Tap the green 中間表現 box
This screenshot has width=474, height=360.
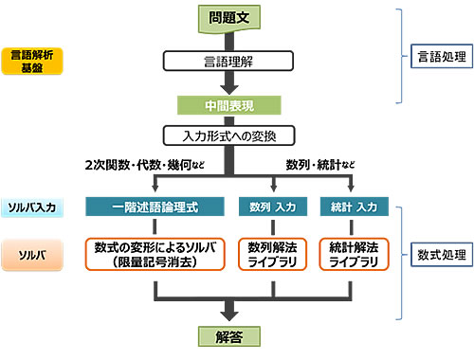[228, 104]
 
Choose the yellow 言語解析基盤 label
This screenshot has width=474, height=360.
[32, 61]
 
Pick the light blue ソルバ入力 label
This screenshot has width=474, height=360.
[32, 207]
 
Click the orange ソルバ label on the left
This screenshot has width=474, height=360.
[32, 253]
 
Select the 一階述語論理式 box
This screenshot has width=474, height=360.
[154, 207]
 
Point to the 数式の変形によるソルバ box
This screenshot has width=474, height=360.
[154, 253]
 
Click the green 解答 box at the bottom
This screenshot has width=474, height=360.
[228, 336]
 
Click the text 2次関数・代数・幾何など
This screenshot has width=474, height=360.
[143, 165]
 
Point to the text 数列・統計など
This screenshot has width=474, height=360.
[320, 165]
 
